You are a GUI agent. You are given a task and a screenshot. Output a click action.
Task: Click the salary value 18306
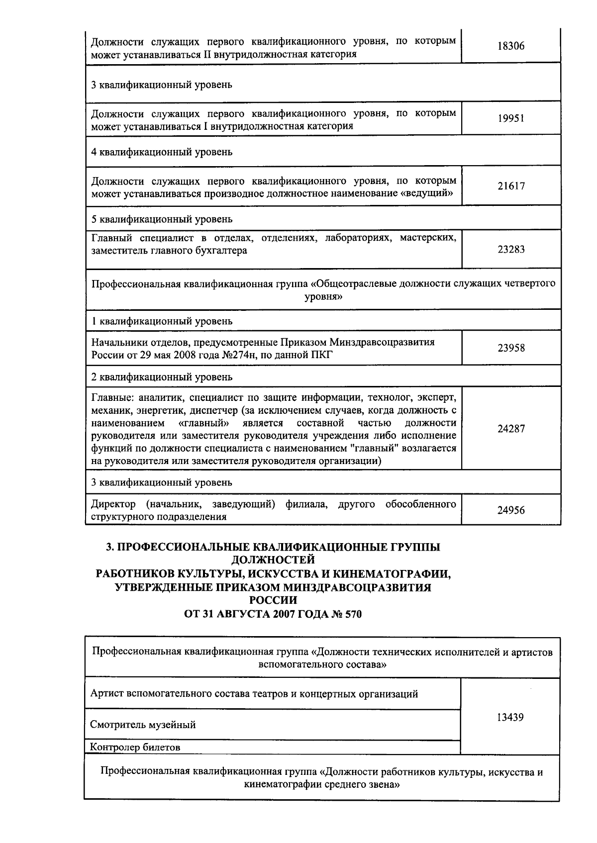511,46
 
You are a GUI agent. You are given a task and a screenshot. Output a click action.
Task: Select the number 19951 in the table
511,119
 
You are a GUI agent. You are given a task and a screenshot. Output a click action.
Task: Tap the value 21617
511,187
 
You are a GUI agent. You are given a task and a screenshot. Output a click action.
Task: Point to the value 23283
511,250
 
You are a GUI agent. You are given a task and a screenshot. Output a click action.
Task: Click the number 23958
511,348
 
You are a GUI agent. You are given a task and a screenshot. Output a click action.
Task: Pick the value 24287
511,429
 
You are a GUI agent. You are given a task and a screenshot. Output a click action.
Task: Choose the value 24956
511,510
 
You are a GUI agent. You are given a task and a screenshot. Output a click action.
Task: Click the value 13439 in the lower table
510,718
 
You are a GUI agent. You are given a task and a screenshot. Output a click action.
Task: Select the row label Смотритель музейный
143,725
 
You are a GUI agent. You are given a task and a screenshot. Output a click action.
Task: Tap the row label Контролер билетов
135,747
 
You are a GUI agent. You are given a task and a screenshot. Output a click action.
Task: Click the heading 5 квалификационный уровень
162,219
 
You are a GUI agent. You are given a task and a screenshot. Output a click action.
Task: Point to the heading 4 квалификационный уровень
162,152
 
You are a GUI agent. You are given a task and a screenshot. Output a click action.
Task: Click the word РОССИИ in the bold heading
273,601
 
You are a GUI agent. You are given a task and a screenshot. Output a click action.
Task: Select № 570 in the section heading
347,614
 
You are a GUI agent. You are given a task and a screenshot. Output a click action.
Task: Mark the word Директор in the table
113,504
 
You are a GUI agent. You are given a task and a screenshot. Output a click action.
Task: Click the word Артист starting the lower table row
106,694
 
